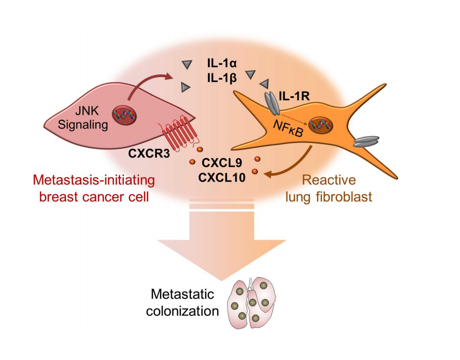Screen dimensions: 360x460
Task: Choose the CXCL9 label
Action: pyautogui.click(x=221, y=162)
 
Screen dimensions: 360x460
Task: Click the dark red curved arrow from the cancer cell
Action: pyautogui.click(x=147, y=84)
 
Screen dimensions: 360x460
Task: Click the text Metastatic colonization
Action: pyautogui.click(x=185, y=302)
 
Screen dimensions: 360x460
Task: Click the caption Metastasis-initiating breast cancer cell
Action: pyautogui.click(x=94, y=188)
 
